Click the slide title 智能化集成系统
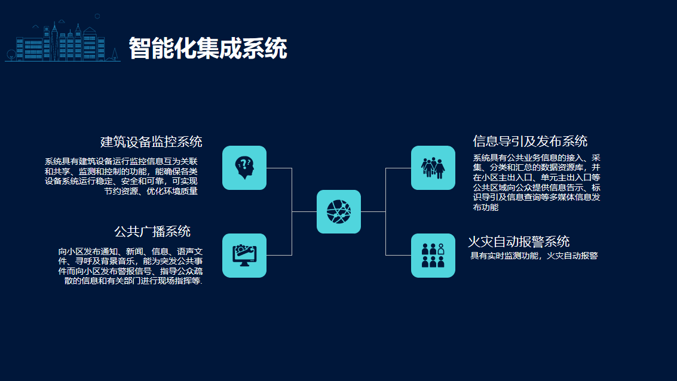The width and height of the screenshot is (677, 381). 208,48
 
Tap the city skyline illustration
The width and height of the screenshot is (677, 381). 63,39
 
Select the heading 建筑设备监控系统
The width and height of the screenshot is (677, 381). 151,142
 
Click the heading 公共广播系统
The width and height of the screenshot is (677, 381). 152,231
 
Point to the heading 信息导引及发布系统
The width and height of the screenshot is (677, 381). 530,141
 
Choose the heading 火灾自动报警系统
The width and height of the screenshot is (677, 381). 519,241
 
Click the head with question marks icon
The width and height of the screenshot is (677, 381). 244,168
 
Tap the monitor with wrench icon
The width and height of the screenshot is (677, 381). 244,256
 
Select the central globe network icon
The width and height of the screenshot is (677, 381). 338,211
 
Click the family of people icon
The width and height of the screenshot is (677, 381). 433,168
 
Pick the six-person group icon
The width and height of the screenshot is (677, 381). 433,256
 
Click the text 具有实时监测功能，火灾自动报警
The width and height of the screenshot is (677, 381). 534,256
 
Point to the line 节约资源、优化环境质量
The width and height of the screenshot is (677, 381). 151,191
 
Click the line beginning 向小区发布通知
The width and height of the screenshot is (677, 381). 130,251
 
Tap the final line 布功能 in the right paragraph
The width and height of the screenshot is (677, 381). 486,207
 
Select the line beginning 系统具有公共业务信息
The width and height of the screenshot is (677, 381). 536,158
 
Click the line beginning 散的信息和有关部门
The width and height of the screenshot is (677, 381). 133,281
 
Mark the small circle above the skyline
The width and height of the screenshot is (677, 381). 97,16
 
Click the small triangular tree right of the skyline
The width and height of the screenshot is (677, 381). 115,54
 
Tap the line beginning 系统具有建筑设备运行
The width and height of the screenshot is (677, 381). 121,161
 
